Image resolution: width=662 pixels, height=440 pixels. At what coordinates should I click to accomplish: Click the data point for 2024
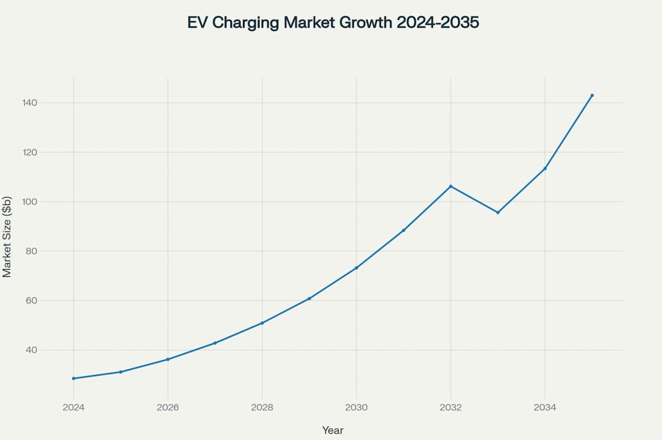74,378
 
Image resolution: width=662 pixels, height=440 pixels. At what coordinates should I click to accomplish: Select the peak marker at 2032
451,186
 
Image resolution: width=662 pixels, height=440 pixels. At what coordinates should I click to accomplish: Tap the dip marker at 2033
498,213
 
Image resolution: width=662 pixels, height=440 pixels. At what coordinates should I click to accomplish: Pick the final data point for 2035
592,96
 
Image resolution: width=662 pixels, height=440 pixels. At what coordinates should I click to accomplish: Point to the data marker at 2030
356,267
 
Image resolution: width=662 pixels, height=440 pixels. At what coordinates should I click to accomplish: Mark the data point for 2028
262,323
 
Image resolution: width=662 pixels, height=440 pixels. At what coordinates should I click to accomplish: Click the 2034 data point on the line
545,169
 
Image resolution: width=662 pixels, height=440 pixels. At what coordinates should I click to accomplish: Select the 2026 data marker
168,359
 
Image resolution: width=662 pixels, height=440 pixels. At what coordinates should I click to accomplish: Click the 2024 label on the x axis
74,408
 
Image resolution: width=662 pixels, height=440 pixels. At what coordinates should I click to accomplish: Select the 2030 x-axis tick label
356,408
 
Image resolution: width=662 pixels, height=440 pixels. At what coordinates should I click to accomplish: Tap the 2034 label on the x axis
545,408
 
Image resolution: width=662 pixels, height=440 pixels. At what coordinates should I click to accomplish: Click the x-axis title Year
333,430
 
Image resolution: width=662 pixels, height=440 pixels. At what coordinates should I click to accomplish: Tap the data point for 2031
403,230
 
